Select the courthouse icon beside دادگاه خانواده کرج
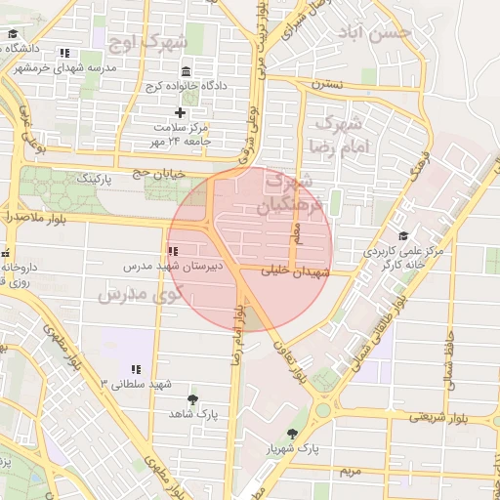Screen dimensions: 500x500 coord(187,70)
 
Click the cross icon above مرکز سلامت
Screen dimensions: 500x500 coord(179,112)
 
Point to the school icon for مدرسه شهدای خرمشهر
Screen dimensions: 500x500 coord(64,53)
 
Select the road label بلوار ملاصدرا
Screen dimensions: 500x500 coord(34,217)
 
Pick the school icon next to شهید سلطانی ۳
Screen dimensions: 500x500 coord(136,369)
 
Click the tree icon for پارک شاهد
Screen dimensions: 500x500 coord(191,399)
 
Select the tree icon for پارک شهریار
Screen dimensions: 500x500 coord(292,433)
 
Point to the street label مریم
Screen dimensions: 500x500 coord(351,471)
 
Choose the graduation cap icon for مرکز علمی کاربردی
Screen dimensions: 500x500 coord(403,236)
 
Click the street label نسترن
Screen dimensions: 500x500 coord(327,85)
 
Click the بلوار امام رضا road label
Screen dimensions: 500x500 coord(235,331)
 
